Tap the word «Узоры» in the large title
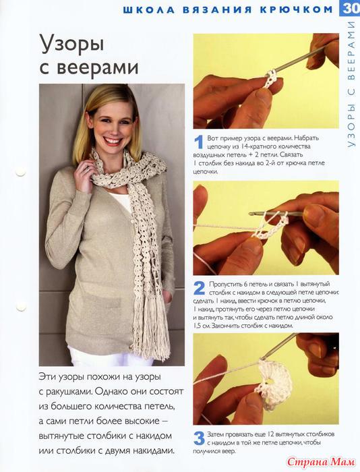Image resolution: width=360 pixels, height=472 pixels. [71, 44]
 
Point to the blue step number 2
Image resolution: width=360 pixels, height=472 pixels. [199, 289]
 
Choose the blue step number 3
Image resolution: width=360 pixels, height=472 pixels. [199, 438]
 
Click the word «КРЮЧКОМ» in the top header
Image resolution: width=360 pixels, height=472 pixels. [296, 9]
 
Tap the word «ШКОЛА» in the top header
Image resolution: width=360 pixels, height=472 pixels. [149, 9]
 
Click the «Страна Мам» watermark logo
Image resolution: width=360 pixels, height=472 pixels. [321, 461]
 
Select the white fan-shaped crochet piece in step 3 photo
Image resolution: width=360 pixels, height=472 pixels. [273, 384]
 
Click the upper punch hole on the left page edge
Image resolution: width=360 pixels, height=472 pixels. [21, 172]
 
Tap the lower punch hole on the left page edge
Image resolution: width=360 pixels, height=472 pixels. [22, 306]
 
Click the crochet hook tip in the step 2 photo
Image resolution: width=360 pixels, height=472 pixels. [251, 214]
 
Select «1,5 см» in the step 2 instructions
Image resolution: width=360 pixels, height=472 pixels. [202, 326]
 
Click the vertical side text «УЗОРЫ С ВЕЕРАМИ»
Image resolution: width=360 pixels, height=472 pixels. [351, 84]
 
